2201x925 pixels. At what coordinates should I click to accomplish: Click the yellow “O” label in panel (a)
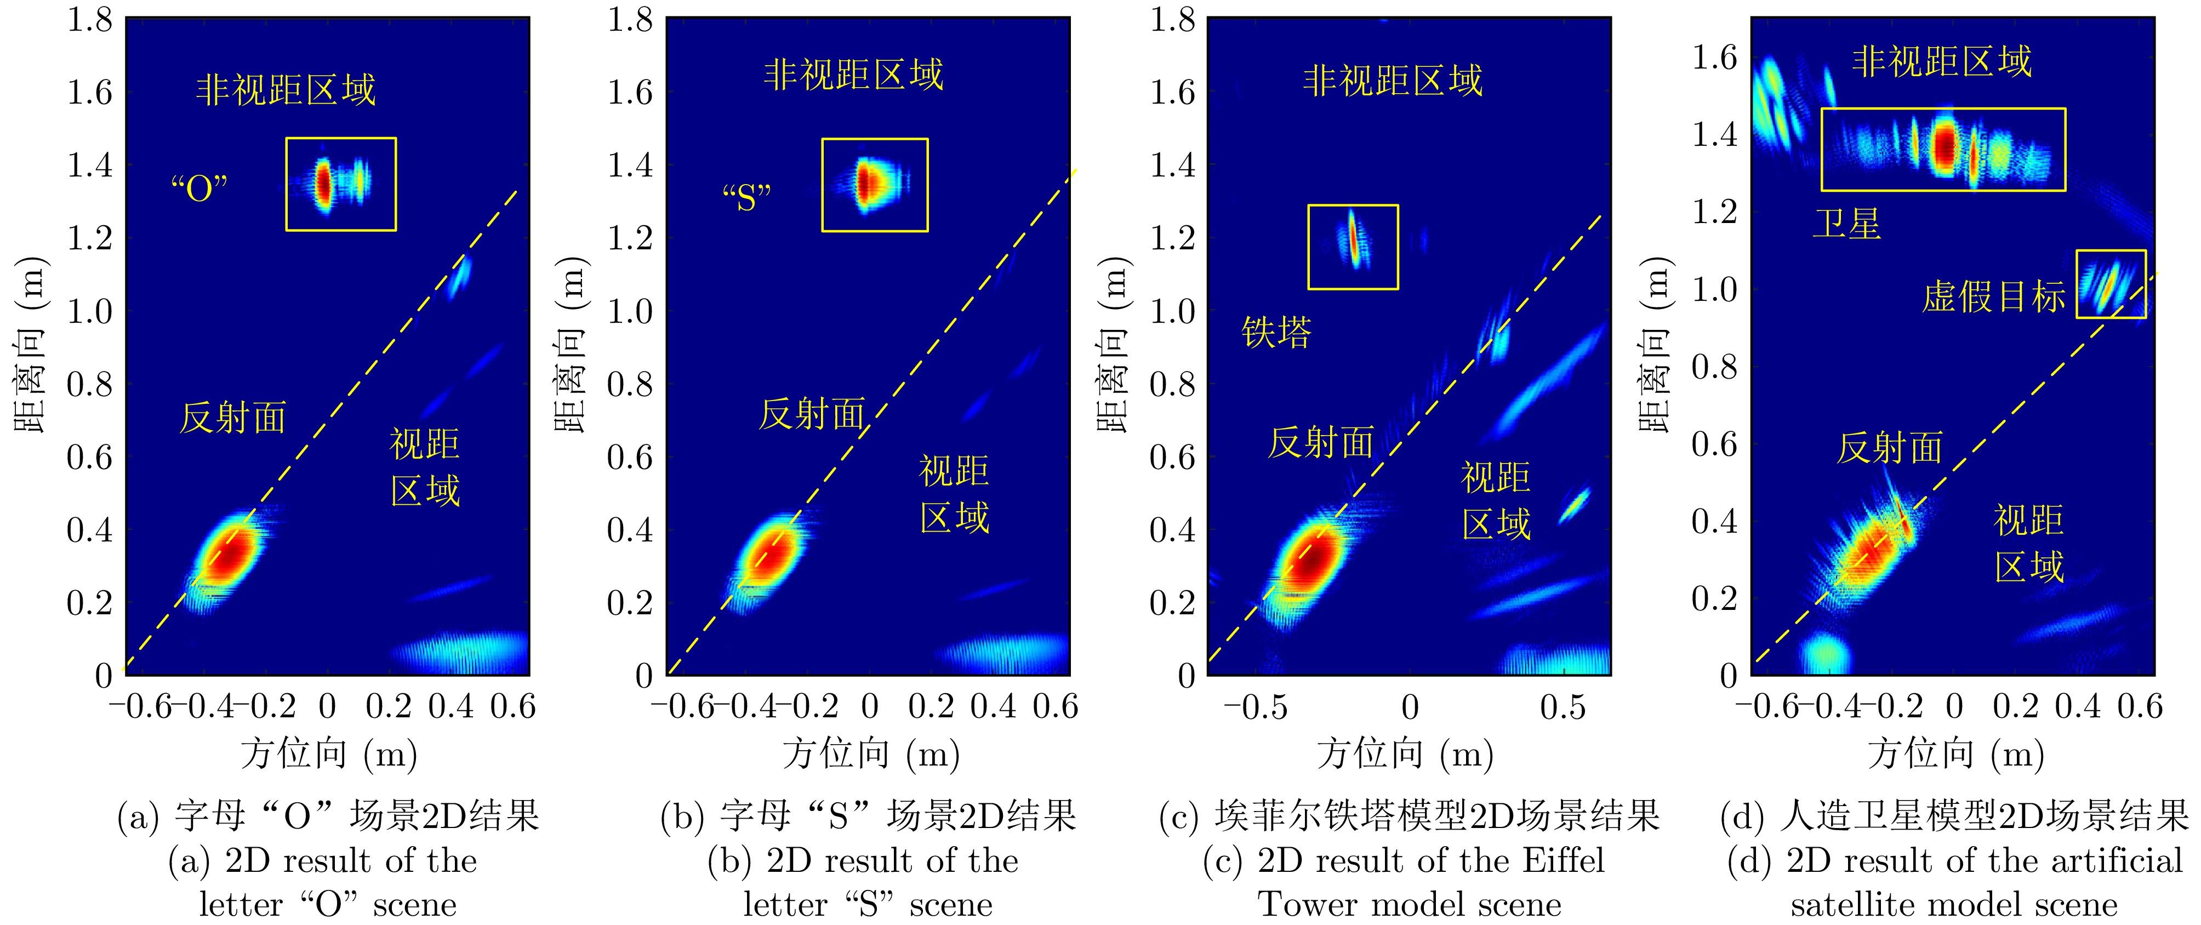[199, 187]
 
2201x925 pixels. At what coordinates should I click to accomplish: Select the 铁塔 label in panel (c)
[1276, 332]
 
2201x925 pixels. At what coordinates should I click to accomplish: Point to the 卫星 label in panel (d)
[1846, 224]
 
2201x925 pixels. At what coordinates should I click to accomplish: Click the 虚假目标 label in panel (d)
[1993, 297]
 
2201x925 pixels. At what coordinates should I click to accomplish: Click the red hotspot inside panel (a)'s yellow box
[323, 183]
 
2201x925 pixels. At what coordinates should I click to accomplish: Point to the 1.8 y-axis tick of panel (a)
[90, 19]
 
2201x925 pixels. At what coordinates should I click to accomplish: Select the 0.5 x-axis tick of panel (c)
[1563, 707]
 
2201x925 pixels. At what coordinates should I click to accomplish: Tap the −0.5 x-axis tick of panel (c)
[1255, 707]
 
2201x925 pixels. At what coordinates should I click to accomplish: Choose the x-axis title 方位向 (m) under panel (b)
[871, 754]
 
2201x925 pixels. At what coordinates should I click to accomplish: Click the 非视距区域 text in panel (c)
[1393, 81]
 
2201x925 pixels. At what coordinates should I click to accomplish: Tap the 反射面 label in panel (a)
[232, 418]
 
